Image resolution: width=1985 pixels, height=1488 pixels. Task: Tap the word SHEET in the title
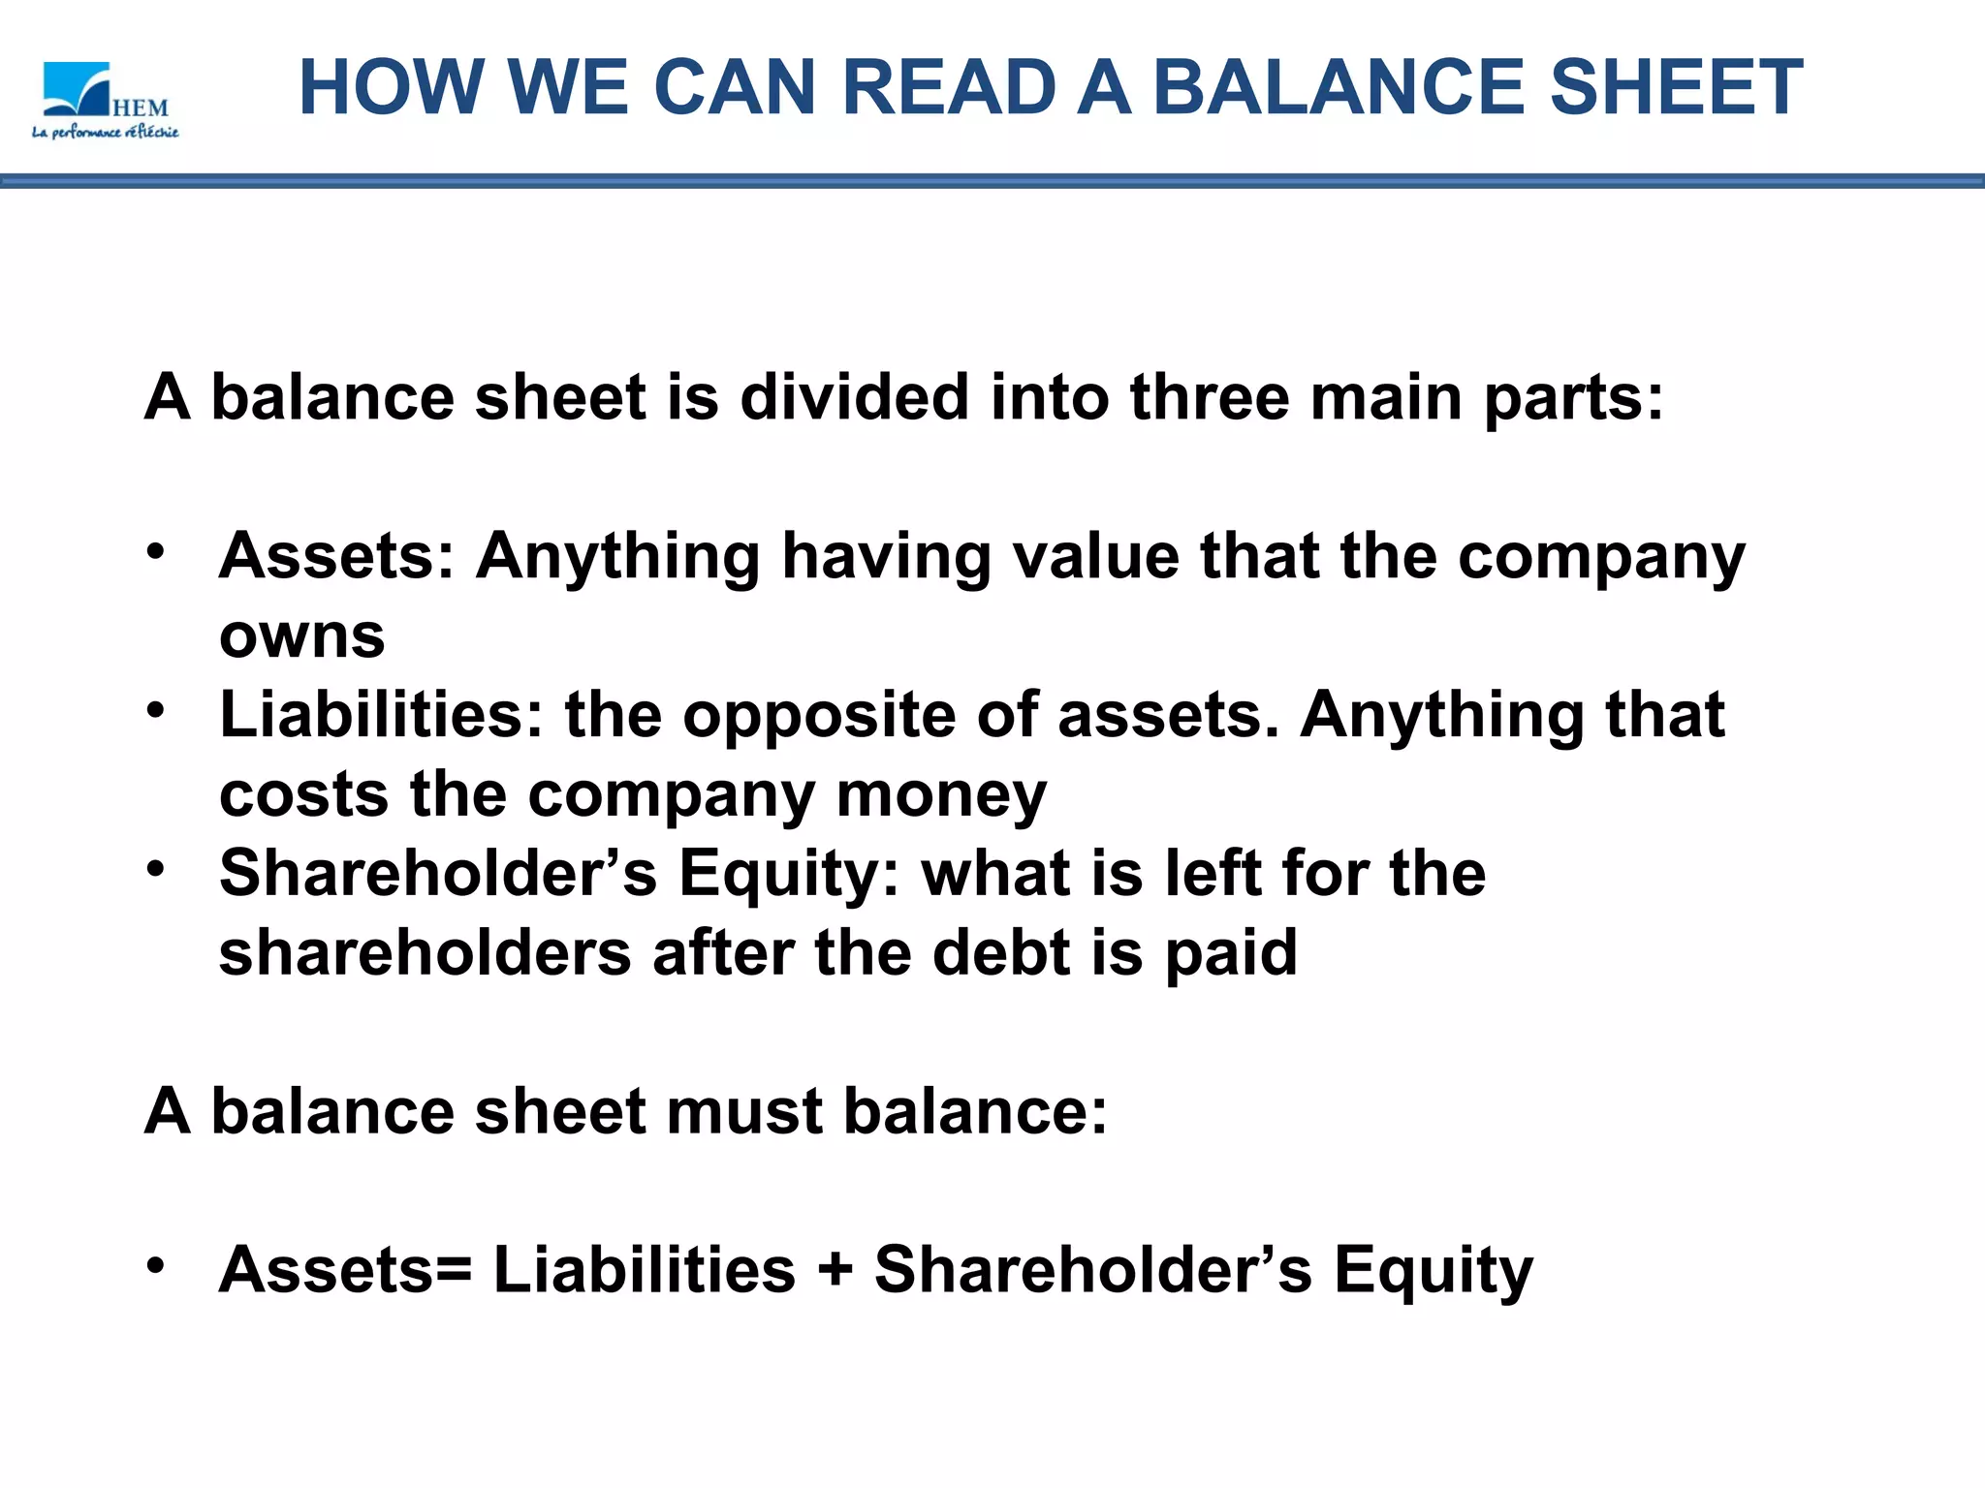tap(1676, 87)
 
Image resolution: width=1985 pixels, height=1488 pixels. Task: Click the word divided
tap(854, 397)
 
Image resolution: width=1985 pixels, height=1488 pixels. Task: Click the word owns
tap(301, 636)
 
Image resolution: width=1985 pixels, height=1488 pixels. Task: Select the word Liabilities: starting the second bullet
tap(382, 715)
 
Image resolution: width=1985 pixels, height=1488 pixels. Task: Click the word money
tap(940, 794)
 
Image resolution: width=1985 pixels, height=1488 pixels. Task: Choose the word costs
tap(304, 794)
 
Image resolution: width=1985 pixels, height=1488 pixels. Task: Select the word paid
tap(1230, 952)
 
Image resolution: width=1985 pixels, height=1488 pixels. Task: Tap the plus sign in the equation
tap(835, 1270)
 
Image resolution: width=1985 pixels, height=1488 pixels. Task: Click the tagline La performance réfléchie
tap(106, 132)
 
